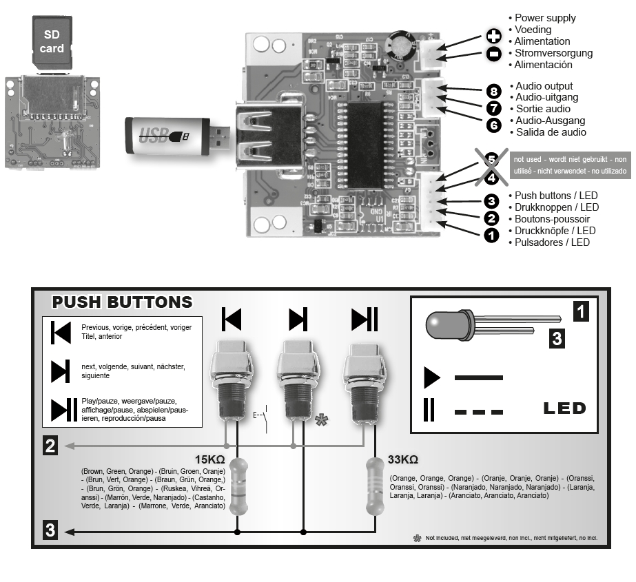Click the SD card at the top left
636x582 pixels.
(x=52, y=41)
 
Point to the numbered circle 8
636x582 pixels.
(x=492, y=91)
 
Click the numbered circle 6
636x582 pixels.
(x=492, y=125)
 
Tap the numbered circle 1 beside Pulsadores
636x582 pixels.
(x=491, y=236)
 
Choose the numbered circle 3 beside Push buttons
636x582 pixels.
(x=491, y=201)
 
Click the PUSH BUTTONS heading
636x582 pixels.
(x=123, y=302)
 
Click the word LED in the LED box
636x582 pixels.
(x=564, y=408)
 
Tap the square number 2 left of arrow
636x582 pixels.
(x=50, y=446)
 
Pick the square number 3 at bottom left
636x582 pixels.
(x=50, y=531)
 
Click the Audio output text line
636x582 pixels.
(x=544, y=85)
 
